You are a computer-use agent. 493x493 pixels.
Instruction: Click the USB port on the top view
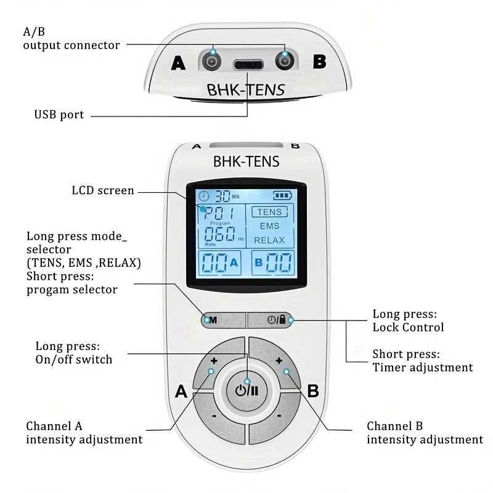pos(248,64)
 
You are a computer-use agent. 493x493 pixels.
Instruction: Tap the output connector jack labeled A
pos(211,60)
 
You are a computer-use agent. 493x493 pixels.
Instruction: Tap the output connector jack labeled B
pos(284,60)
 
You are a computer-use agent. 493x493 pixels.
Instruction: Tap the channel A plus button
pos(214,361)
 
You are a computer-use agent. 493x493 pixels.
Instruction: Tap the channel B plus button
pos(279,361)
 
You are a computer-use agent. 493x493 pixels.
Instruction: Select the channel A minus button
pos(214,417)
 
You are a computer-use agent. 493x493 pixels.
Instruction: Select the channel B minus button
pos(279,417)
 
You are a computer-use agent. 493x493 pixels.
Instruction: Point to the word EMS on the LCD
pos(270,226)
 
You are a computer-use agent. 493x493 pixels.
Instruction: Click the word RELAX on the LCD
pos(270,240)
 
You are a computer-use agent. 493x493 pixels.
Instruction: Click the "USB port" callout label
pos(59,115)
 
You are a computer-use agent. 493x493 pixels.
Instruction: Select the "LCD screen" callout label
pos(103,190)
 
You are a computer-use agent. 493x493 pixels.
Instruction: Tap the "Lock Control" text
pos(408,327)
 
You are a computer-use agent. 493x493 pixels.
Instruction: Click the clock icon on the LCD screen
pos(203,197)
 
